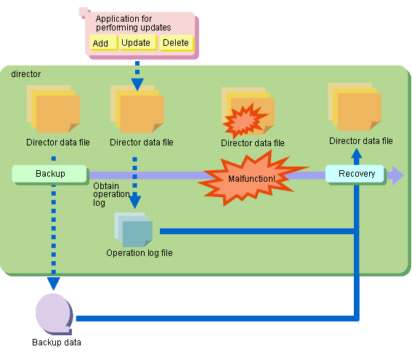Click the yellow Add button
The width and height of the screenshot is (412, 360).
tap(103, 42)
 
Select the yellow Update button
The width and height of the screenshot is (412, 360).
tap(137, 42)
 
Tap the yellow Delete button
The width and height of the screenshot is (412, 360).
tap(177, 42)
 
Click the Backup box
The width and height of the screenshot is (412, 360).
tap(49, 174)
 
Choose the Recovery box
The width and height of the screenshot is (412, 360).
tap(355, 174)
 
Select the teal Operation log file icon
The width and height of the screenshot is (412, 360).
tap(134, 230)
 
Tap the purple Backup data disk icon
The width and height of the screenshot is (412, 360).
tap(54, 314)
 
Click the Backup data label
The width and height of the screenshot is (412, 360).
tap(57, 343)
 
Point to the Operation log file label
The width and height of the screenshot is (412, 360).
tap(140, 253)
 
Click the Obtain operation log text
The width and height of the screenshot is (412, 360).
tap(110, 194)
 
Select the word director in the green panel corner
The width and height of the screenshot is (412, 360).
tap(25, 74)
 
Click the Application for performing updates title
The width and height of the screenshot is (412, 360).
tap(133, 23)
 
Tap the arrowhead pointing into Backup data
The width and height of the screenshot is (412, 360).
tap(54, 284)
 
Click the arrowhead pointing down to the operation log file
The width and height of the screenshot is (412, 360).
tap(135, 202)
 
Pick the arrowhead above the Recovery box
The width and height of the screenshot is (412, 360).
tap(357, 153)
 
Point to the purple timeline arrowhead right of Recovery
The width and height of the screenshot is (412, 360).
tap(398, 175)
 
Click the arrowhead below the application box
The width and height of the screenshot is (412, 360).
tap(137, 84)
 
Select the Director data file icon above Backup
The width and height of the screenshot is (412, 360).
tap(53, 109)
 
